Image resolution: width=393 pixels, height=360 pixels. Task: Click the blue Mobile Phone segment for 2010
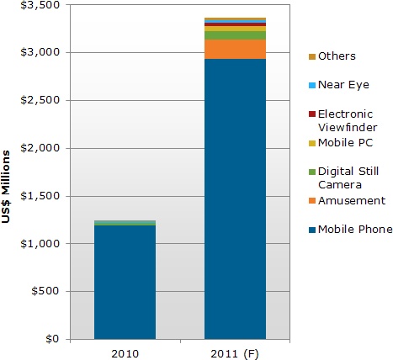pos(125,282)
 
